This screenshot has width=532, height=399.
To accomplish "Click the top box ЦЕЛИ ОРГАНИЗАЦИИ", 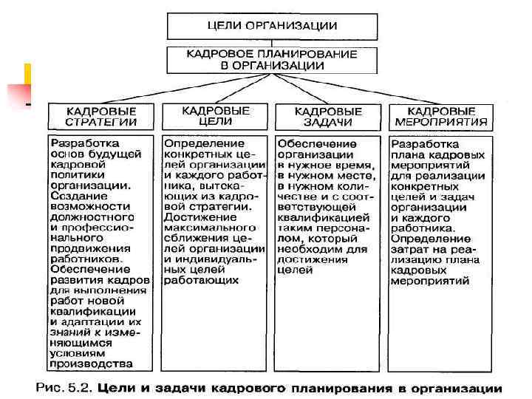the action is (272, 27).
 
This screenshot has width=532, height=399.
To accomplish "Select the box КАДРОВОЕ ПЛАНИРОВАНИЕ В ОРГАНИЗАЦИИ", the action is (272, 59).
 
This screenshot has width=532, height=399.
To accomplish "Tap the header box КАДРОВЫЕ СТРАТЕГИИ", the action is (101, 116).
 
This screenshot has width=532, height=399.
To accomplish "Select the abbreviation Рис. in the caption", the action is (50, 387).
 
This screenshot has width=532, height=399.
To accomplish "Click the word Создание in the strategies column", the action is (75, 197).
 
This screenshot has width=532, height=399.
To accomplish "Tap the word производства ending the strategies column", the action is (92, 363).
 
